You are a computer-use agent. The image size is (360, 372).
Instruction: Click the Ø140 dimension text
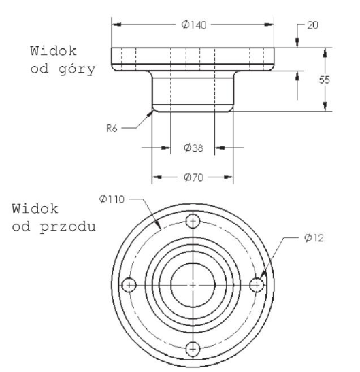click(194, 24)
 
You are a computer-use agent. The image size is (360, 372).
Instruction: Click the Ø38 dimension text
click(194, 147)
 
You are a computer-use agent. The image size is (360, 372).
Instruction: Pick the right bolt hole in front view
click(257, 284)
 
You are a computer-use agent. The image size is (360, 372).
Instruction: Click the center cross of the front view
click(193, 284)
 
